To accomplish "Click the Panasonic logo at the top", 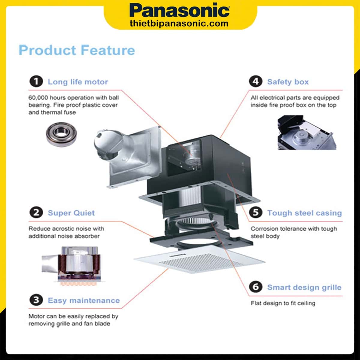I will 179,11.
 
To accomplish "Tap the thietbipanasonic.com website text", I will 179,24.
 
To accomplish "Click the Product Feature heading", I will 77,50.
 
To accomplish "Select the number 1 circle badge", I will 36,82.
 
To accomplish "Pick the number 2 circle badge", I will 36,213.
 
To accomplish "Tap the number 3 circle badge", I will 36,300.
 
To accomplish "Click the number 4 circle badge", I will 256,82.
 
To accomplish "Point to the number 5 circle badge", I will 256,213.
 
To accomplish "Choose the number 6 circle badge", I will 256,287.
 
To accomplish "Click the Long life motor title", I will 78,82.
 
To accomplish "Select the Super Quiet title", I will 71,213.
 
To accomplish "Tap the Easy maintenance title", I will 84,300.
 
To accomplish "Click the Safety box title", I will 288,82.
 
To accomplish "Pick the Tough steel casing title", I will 304,213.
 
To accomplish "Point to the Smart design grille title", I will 304,287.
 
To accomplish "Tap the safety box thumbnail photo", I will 306,133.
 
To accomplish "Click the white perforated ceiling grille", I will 199,259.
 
